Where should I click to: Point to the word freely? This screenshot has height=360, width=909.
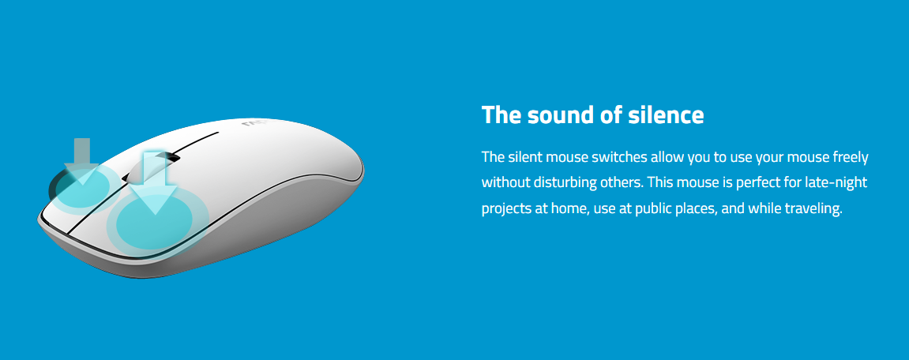850,158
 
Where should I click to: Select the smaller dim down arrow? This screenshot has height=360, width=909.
83,161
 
